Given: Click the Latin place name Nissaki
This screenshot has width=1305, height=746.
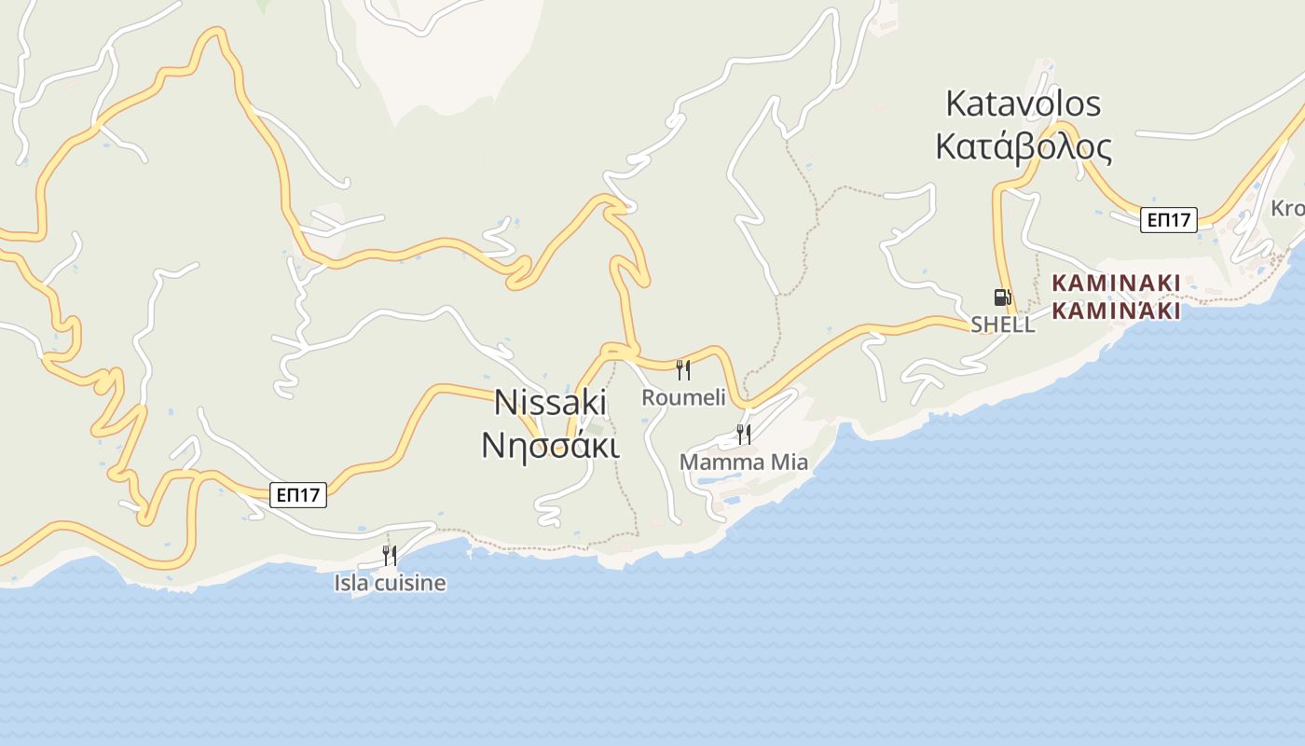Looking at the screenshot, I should (x=550, y=402).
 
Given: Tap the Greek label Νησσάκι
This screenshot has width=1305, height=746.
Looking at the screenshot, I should (x=550, y=444).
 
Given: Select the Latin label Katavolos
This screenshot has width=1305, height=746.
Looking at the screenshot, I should (x=1023, y=104).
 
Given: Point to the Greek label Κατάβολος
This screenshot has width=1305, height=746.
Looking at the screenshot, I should (x=1023, y=146).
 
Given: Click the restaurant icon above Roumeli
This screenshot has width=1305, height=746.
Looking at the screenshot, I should (x=683, y=370).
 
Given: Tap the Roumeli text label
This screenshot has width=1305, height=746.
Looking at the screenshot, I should (x=683, y=398).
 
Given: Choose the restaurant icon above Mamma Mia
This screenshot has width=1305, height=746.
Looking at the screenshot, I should (x=743, y=434).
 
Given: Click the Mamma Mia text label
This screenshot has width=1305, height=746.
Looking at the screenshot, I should (x=743, y=463).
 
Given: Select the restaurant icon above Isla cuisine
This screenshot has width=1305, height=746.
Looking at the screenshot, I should (x=390, y=556).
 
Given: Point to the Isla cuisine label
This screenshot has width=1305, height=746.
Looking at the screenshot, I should (x=390, y=584).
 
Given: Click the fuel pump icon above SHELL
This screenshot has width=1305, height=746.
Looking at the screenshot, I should (x=1002, y=297).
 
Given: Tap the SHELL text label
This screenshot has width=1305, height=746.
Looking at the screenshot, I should (x=1002, y=325).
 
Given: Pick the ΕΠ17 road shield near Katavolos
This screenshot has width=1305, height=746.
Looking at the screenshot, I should (x=1169, y=220).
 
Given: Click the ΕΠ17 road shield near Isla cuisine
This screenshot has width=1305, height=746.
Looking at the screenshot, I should (x=298, y=495).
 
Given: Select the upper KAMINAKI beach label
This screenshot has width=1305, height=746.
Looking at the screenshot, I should (x=1116, y=283).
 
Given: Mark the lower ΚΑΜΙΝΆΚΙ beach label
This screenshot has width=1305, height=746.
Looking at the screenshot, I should (x=1116, y=311).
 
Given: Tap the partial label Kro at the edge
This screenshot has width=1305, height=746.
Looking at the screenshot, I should (x=1287, y=208).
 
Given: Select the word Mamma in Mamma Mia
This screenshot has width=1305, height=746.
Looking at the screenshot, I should (x=721, y=463).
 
